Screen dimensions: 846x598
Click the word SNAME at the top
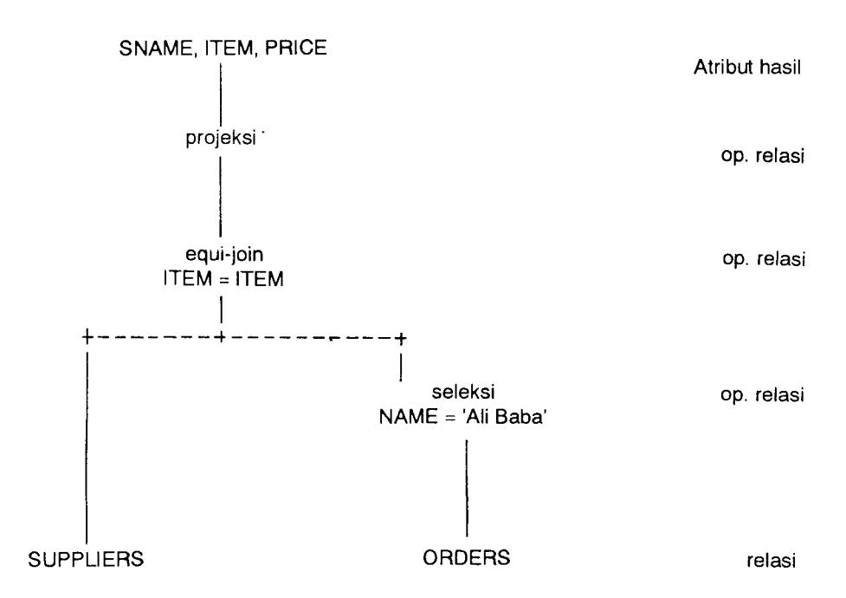tap(155, 49)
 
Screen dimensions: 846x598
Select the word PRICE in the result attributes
tap(295, 48)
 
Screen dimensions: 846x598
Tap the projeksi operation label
tap(221, 139)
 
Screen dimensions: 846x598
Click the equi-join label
tap(224, 254)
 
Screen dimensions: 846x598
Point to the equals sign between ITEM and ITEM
tap(224, 280)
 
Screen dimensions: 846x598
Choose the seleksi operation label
tap(463, 392)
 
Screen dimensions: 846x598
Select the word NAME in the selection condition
tap(409, 417)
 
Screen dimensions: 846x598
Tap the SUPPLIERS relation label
tap(87, 558)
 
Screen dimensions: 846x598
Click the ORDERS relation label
tap(466, 557)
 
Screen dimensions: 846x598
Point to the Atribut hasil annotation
tap(747, 68)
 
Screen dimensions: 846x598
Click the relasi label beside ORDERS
tap(771, 561)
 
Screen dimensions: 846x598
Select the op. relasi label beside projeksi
tap(762, 156)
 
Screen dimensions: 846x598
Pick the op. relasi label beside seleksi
tap(762, 394)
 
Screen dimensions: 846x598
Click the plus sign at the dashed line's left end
tap(87, 338)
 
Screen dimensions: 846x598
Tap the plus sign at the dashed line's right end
tap(400, 339)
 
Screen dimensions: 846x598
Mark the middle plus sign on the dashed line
tap(220, 338)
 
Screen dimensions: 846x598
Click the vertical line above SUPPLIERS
tap(87, 446)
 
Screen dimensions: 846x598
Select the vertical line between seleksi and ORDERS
tap(467, 488)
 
